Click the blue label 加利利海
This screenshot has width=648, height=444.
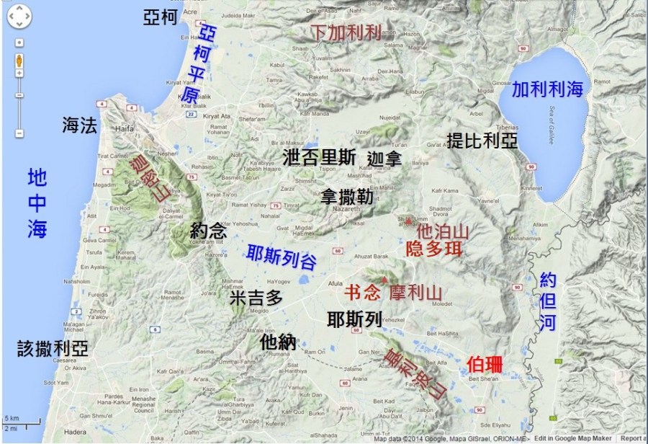(547, 89)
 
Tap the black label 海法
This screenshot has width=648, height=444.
(79, 126)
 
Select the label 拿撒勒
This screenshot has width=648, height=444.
(347, 195)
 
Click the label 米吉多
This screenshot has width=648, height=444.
(256, 298)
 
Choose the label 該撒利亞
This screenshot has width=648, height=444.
(53, 350)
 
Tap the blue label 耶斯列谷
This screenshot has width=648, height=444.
(282, 257)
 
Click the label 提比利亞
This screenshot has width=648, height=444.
(482, 140)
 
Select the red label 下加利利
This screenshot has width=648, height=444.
(346, 32)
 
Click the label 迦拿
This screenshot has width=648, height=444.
(384, 158)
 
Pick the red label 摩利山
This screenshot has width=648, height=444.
(415, 293)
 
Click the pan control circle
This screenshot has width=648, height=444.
(19, 16)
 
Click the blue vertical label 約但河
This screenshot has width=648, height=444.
(548, 301)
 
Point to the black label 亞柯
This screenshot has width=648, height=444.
(160, 18)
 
